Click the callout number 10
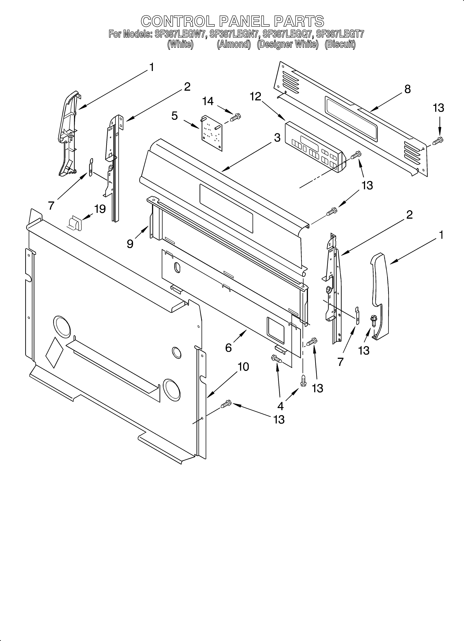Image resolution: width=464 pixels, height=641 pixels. point(243,367)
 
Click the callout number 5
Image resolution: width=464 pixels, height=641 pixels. point(175,116)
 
